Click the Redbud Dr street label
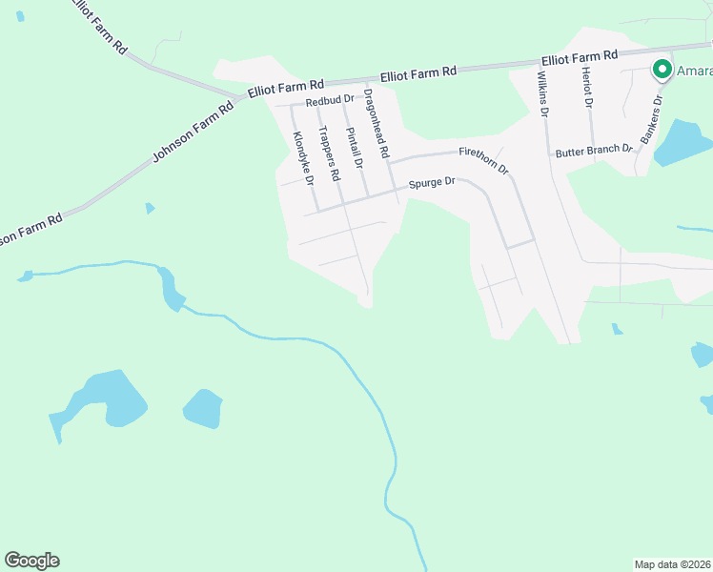[329, 99]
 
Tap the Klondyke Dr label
[304, 157]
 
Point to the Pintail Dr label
[355, 148]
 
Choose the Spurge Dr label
[433, 183]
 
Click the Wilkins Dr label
[543, 93]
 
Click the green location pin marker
[661, 70]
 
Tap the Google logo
[31, 561]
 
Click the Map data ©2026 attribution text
[672, 564]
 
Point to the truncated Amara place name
[694, 70]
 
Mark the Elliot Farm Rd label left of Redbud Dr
[286, 88]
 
